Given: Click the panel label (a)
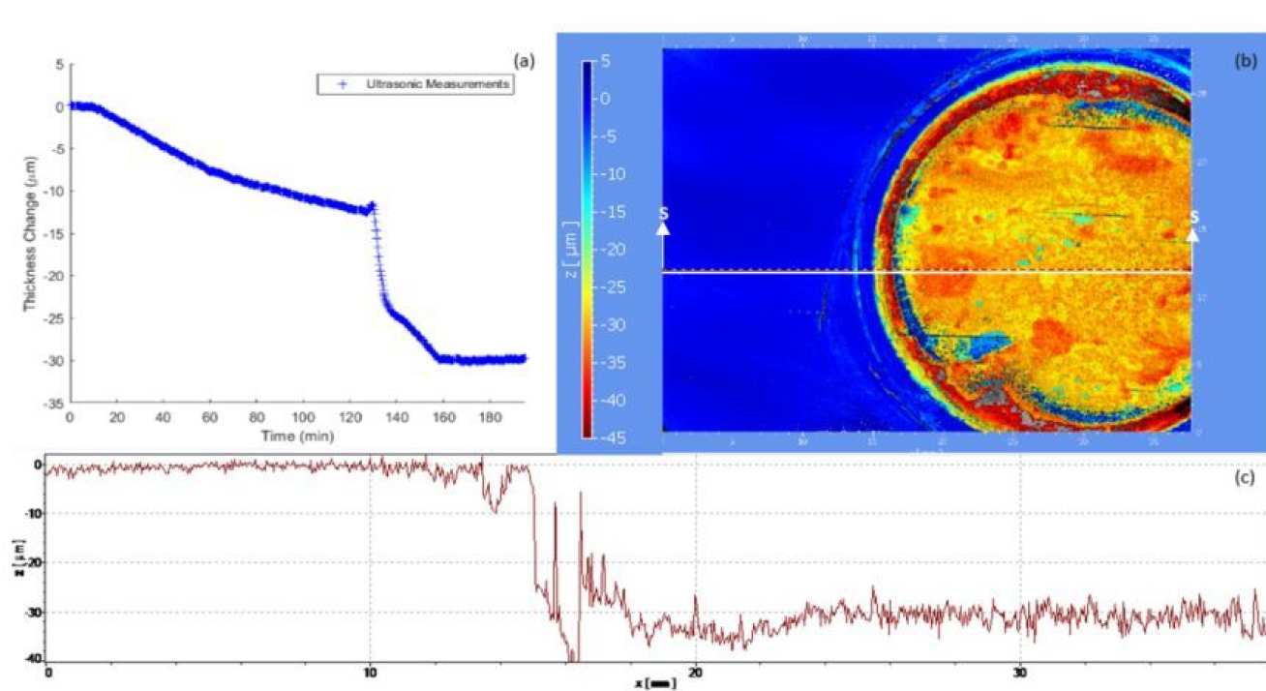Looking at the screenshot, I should [x=524, y=61].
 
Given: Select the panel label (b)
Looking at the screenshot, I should [x=1245, y=61].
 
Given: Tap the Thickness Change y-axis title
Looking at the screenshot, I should [x=30, y=232].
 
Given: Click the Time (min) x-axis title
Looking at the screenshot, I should [x=297, y=436].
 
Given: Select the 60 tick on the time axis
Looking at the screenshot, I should [x=209, y=417].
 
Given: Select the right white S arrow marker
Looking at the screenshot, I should [x=1192, y=225].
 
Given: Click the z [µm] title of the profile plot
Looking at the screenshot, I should [x=19, y=560].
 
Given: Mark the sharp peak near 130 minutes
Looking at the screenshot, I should [x=372, y=204].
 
